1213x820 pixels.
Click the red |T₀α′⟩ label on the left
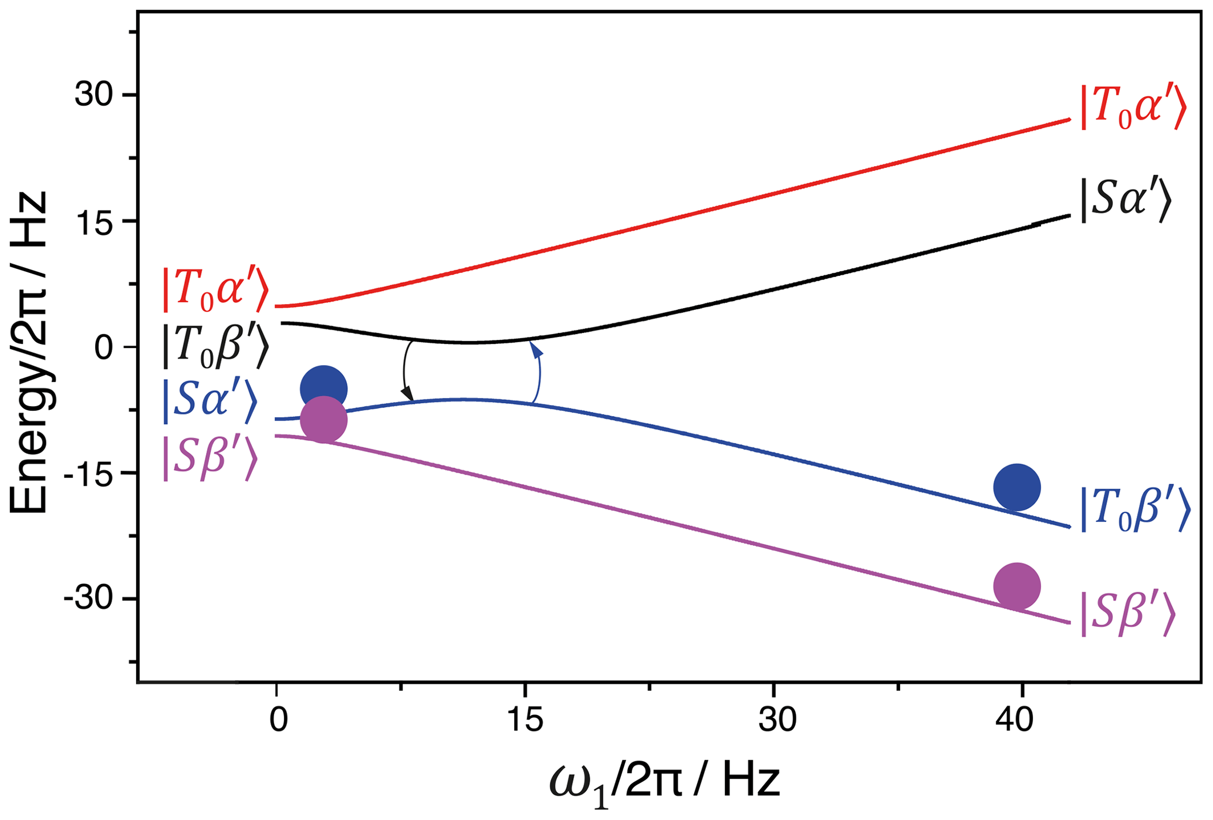[x=215, y=290]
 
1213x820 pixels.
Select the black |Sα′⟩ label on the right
[x=1125, y=201]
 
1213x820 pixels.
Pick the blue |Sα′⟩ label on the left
[x=210, y=401]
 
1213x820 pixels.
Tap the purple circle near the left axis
[x=323, y=420]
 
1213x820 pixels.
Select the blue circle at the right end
[x=1017, y=487]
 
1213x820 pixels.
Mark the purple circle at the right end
[x=1017, y=586]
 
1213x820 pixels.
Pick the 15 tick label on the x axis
[x=525, y=720]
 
